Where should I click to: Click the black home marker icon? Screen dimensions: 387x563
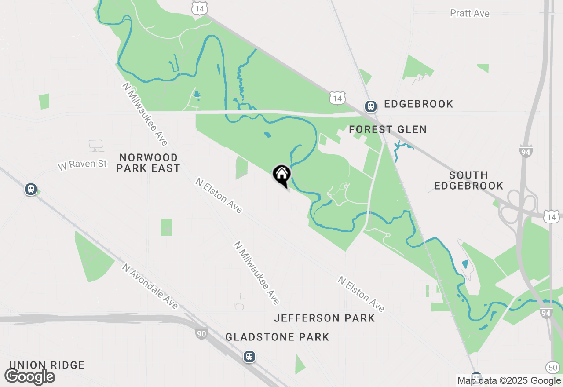[281, 175]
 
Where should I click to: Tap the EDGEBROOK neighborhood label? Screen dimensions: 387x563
[418, 104]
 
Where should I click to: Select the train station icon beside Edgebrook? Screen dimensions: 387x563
[371, 106]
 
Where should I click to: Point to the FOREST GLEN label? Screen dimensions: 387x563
[388, 130]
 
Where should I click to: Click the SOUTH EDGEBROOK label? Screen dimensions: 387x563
[468, 181]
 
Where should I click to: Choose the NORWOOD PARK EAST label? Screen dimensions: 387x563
[149, 163]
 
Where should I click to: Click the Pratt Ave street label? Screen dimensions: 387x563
[469, 14]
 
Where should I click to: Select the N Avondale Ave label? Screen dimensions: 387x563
[150, 286]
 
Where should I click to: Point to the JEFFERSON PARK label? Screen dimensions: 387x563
[325, 318]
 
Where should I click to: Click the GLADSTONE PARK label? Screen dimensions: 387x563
[277, 337]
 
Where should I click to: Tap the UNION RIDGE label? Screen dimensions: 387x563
[47, 365]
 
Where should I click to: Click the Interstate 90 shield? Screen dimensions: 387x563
[201, 334]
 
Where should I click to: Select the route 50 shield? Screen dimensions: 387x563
[552, 367]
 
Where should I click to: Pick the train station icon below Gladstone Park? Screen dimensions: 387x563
[249, 356]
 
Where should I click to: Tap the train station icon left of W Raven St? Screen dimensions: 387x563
[30, 190]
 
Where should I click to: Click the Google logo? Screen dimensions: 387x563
[30, 377]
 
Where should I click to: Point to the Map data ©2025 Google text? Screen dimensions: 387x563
[508, 381]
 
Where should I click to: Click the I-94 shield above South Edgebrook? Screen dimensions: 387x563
[526, 151]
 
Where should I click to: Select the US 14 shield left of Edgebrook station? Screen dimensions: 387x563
[337, 98]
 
